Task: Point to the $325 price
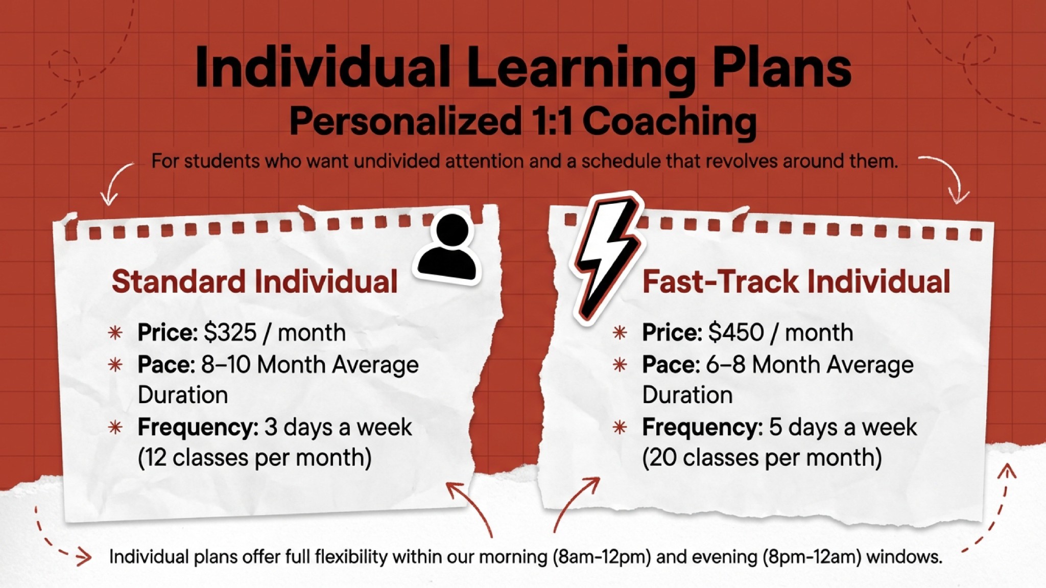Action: point(230,333)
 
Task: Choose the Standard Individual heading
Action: point(254,281)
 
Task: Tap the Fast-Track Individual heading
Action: point(796,281)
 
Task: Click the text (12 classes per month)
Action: point(254,457)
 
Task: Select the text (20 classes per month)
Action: point(762,457)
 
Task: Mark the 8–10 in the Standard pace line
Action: point(225,365)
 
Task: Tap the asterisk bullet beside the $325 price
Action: point(115,333)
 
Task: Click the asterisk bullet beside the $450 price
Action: point(620,333)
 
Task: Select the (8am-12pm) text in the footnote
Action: point(602,556)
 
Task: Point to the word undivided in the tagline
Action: point(396,161)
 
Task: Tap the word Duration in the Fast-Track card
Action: point(687,395)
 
